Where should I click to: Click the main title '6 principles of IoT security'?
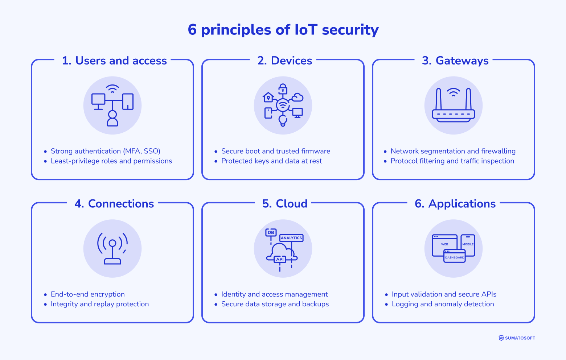point(283,30)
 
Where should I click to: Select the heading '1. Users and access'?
point(114,61)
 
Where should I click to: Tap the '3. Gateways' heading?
point(455,61)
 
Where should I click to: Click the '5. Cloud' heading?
point(285,204)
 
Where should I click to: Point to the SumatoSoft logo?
point(517,338)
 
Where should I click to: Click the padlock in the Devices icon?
point(283,89)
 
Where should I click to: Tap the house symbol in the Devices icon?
point(268,97)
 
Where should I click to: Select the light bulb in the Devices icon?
point(283,120)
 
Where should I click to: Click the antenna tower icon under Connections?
point(112,249)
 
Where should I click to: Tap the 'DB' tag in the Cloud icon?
point(271,232)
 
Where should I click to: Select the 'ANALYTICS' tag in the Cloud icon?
point(291,238)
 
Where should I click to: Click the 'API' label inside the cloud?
point(280,260)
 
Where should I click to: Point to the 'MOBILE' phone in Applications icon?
point(468,245)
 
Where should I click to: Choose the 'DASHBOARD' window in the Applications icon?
point(454,256)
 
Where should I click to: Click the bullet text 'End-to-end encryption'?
point(87,294)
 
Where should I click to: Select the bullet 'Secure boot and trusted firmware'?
point(275,151)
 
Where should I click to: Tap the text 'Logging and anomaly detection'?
point(443,304)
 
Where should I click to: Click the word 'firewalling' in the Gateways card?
point(498,151)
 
